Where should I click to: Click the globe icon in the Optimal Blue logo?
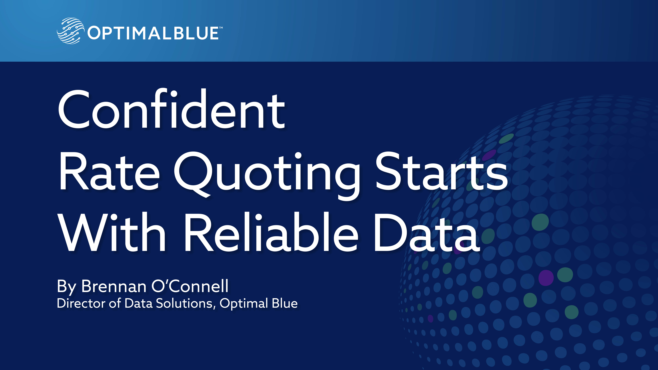point(70,31)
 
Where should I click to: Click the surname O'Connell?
point(190,286)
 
